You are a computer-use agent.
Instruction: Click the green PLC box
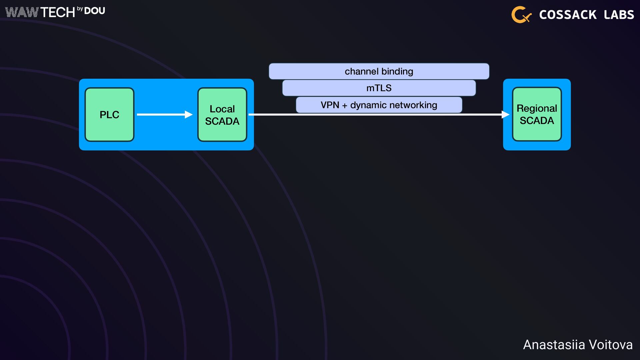pyautogui.click(x=109, y=114)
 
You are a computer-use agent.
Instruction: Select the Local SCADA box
pyautogui.click(x=222, y=114)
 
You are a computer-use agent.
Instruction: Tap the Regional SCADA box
pyautogui.click(x=537, y=114)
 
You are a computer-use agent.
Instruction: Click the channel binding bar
pyautogui.click(x=379, y=71)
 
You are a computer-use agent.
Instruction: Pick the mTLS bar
pyautogui.click(x=379, y=88)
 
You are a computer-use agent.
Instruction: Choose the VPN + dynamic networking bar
pyautogui.click(x=379, y=105)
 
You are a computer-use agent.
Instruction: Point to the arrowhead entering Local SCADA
pyautogui.click(x=189, y=114)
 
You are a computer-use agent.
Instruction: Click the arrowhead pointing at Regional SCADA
pyautogui.click(x=505, y=114)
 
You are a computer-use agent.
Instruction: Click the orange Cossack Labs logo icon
pyautogui.click(x=521, y=15)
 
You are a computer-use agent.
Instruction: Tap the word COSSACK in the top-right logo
pyautogui.click(x=568, y=15)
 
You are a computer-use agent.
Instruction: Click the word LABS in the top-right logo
pyautogui.click(x=619, y=15)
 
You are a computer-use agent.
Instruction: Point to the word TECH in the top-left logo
pyautogui.click(x=58, y=12)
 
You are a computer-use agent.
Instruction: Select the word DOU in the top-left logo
pyautogui.click(x=95, y=11)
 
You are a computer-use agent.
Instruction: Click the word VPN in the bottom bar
pyautogui.click(x=330, y=105)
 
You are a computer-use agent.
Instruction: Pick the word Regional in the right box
pyautogui.click(x=537, y=108)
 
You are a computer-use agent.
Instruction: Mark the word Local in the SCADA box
pyautogui.click(x=222, y=109)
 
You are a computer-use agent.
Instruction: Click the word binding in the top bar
pyautogui.click(x=397, y=71)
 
